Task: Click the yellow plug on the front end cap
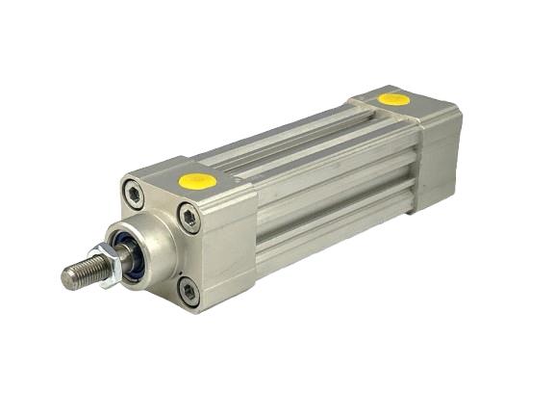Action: [198, 180]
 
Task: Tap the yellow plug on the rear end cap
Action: [392, 98]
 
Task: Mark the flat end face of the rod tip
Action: [66, 279]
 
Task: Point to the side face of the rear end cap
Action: [438, 154]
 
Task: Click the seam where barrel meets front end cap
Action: [258, 231]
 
